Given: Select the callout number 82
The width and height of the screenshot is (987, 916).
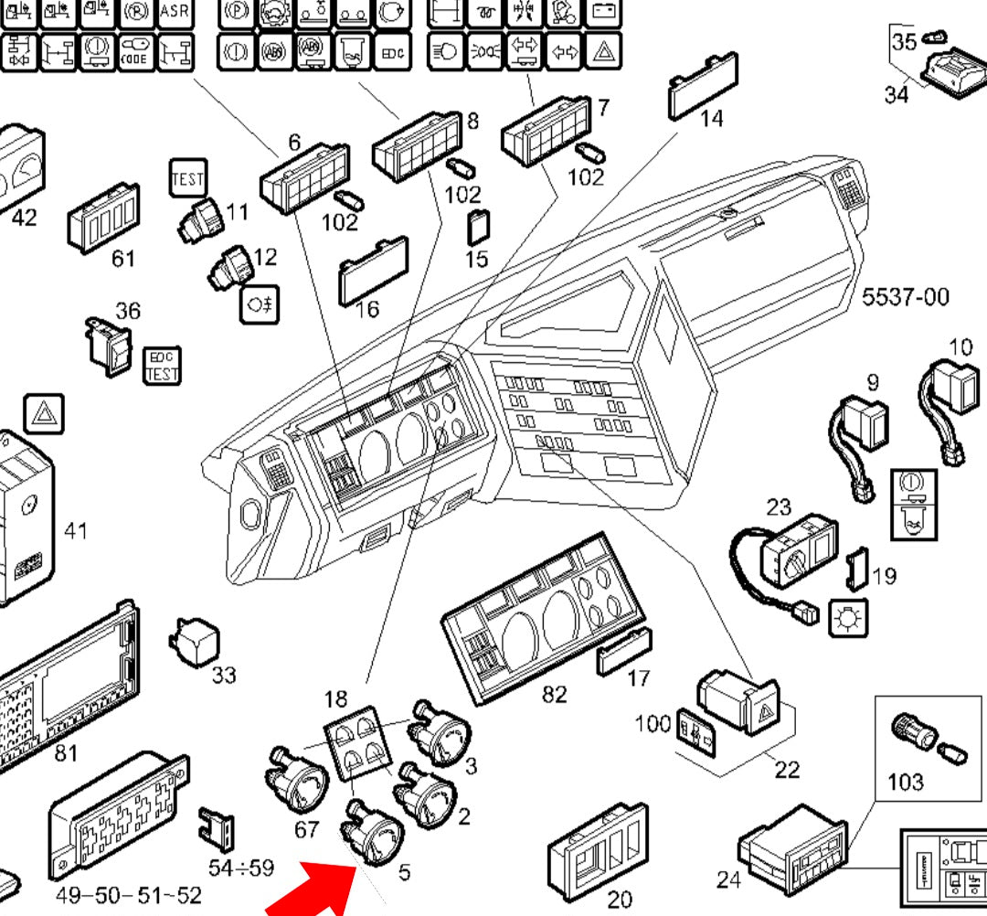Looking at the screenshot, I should click(554, 695).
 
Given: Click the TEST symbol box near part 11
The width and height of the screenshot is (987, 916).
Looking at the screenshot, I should click(188, 178).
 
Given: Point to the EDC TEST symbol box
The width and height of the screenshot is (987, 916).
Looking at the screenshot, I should click(164, 365).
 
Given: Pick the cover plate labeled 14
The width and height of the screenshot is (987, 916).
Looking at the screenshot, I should click(703, 86).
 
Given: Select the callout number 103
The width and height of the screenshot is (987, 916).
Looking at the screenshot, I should click(905, 782).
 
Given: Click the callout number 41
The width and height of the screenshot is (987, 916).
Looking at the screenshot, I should click(75, 530).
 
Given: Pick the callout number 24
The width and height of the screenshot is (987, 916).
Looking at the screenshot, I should click(728, 879).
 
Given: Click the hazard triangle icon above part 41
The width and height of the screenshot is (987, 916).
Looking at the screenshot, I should click(42, 415).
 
